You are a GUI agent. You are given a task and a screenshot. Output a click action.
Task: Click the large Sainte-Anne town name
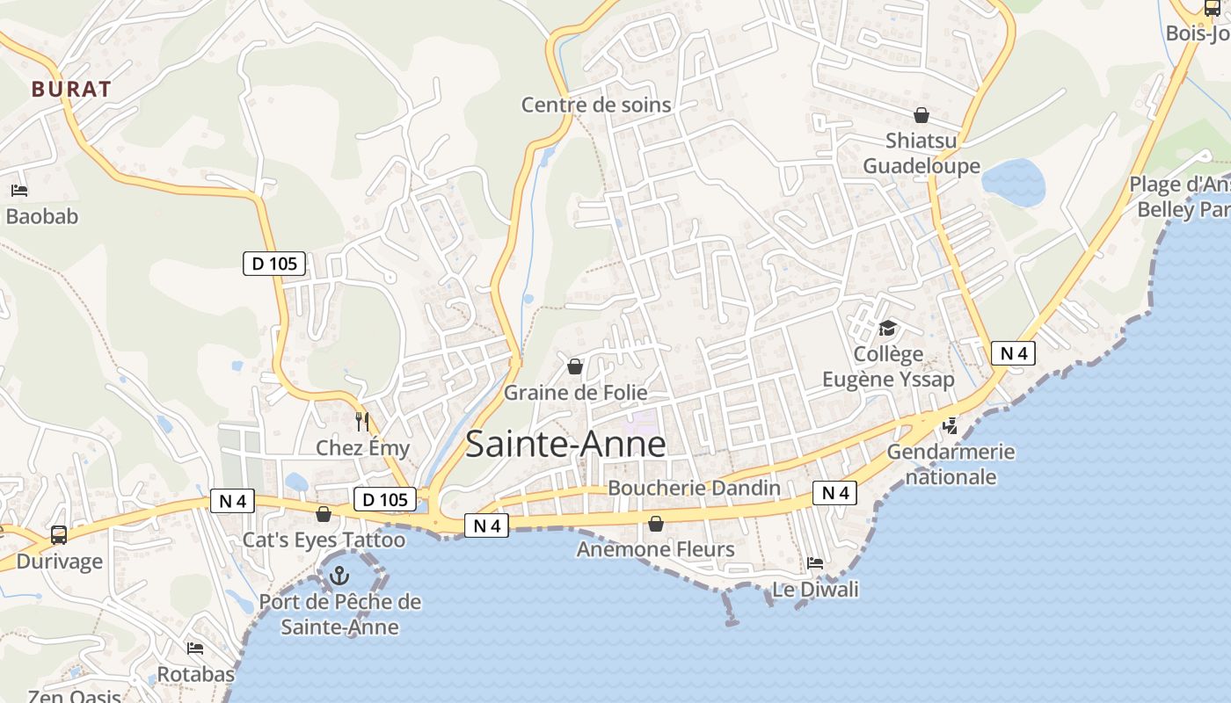click(x=565, y=444)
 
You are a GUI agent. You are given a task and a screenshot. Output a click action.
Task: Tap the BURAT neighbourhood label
click(x=72, y=89)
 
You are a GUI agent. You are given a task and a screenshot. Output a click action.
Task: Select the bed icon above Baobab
click(x=19, y=190)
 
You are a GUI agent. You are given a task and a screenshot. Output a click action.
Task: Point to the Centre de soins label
click(x=596, y=105)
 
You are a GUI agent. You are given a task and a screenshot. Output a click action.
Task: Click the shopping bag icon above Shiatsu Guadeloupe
click(x=921, y=115)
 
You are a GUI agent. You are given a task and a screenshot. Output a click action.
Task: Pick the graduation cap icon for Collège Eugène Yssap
click(x=887, y=329)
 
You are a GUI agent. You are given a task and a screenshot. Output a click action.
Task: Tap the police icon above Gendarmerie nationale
click(x=950, y=426)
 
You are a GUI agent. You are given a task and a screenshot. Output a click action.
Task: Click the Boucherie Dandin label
click(x=694, y=488)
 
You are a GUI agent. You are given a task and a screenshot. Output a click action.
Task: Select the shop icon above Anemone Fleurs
click(x=656, y=525)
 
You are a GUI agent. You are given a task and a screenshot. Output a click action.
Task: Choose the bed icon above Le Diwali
click(x=815, y=562)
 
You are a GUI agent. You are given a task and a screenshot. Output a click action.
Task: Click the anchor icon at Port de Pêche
click(x=339, y=576)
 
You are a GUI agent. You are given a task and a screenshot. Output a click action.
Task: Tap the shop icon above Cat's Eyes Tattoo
click(x=324, y=514)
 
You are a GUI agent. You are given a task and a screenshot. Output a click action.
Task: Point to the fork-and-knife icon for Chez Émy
click(x=361, y=422)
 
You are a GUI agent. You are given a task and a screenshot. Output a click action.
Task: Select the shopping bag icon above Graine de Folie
click(x=575, y=366)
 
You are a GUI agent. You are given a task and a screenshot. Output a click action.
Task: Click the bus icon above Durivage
click(x=59, y=534)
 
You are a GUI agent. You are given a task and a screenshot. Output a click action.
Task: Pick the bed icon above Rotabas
click(x=195, y=649)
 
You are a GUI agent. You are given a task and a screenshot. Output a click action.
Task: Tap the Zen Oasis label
click(x=75, y=697)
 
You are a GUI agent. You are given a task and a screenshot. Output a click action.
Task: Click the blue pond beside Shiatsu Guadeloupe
click(x=1014, y=182)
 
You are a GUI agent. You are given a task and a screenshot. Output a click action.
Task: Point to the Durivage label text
click(x=60, y=562)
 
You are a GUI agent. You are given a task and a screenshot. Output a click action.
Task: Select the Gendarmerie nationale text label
click(x=951, y=465)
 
